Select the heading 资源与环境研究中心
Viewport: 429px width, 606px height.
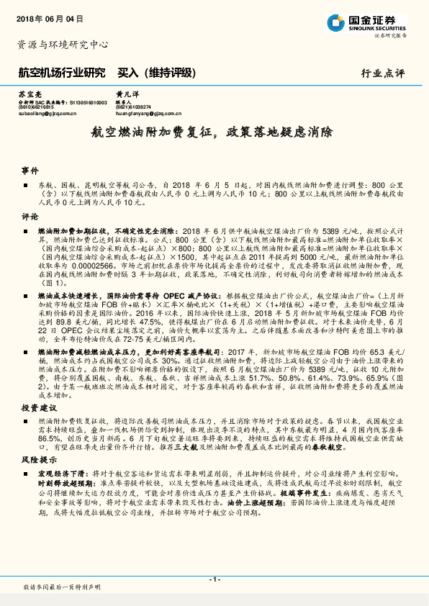click(x=63, y=44)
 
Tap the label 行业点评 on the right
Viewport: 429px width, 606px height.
click(x=383, y=73)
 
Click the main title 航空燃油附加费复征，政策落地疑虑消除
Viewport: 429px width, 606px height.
click(x=212, y=133)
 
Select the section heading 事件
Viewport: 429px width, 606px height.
click(x=30, y=171)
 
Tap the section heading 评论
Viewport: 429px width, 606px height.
click(x=30, y=215)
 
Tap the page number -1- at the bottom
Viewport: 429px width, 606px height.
click(x=214, y=579)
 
